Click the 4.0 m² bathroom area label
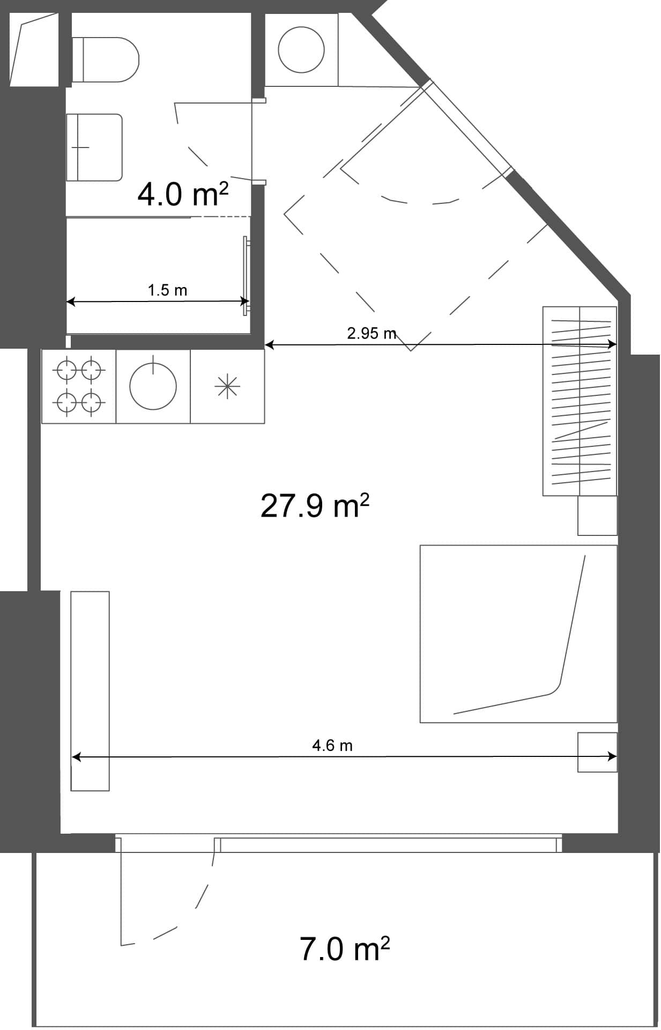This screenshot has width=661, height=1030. click(x=182, y=194)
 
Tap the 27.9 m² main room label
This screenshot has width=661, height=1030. click(x=315, y=505)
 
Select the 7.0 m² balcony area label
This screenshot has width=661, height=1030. click(x=344, y=948)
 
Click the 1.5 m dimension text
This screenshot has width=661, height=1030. click(x=167, y=290)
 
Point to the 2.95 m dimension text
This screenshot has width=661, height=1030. click(x=371, y=333)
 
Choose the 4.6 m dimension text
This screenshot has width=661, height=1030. click(x=332, y=745)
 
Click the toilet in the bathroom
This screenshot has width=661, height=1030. click(x=107, y=59)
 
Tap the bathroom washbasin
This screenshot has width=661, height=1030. click(x=94, y=147)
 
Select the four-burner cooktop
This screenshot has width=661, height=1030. click(x=79, y=386)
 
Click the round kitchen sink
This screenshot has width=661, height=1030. click(x=153, y=386)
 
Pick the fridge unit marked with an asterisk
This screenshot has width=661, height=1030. click(x=227, y=386)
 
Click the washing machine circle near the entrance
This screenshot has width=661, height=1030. click(x=301, y=50)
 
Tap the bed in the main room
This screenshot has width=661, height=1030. click(x=518, y=634)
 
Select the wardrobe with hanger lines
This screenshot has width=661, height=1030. click(x=580, y=401)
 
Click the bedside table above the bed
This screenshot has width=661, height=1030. click(x=597, y=516)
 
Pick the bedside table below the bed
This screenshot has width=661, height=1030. click(x=597, y=752)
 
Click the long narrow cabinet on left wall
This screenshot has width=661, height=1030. click(x=90, y=691)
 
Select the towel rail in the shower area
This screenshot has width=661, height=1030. click(x=246, y=276)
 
